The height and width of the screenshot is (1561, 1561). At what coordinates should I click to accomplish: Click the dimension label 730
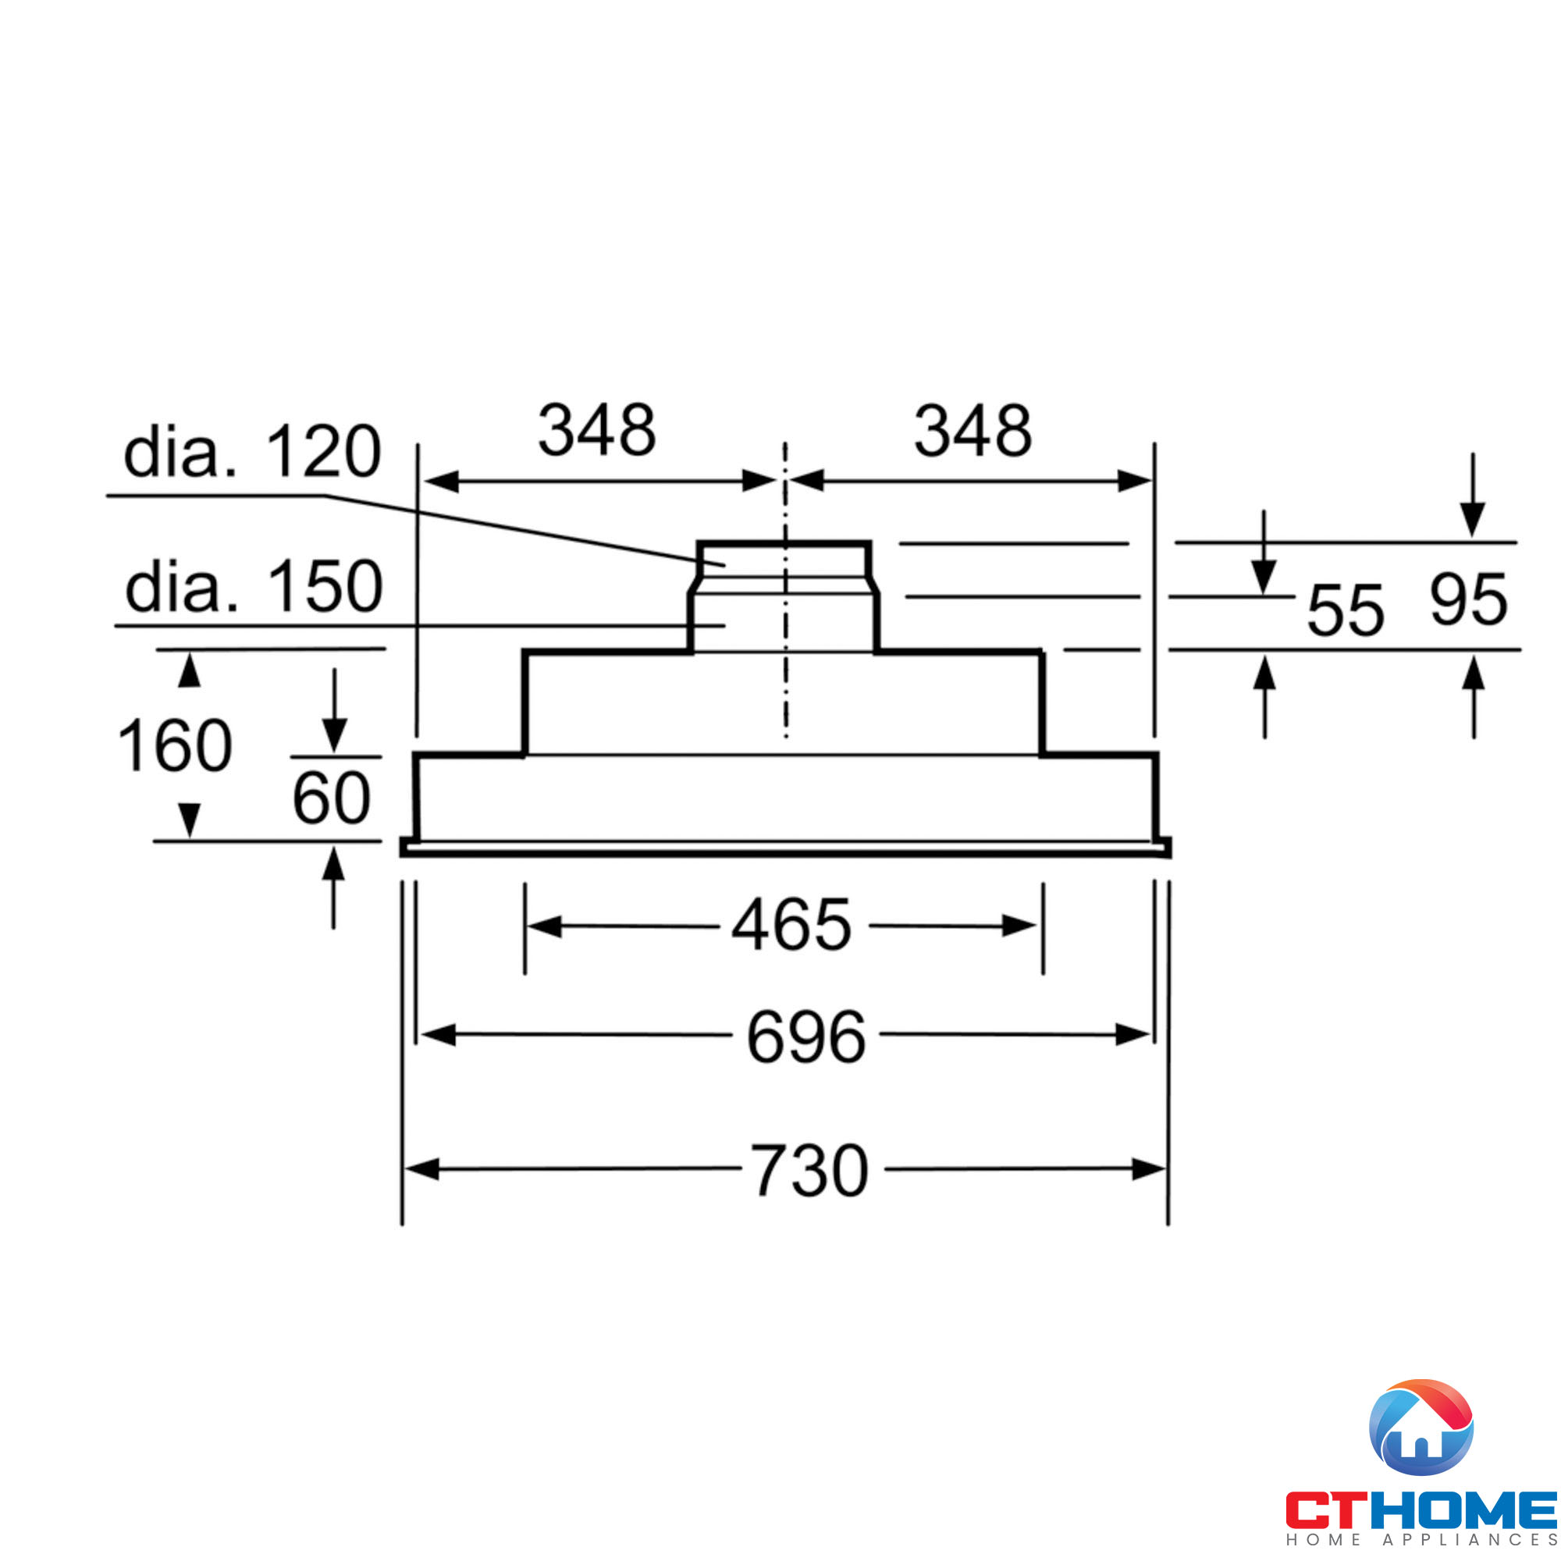tap(809, 1171)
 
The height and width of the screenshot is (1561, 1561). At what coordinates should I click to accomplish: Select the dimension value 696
tap(805, 1037)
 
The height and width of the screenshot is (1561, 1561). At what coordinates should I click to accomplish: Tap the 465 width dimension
tap(791, 925)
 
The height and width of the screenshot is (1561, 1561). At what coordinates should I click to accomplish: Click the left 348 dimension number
tap(597, 430)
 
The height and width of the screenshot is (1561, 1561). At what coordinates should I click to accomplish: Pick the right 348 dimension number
tap(973, 431)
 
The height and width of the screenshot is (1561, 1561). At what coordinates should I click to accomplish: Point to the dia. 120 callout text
tap(252, 452)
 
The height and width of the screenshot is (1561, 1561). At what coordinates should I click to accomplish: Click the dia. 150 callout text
tap(254, 587)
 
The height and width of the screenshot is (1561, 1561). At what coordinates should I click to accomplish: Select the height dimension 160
tap(175, 745)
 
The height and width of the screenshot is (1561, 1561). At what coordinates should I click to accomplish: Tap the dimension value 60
tap(331, 798)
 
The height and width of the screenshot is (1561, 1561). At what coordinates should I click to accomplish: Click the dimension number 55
tap(1346, 611)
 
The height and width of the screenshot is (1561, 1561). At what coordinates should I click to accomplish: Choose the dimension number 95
tap(1468, 600)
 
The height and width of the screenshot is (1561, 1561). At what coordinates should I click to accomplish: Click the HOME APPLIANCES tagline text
tap(1421, 1541)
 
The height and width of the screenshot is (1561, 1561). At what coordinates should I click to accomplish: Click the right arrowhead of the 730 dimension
tap(1149, 1169)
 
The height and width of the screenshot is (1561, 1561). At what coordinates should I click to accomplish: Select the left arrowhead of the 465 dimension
tap(545, 926)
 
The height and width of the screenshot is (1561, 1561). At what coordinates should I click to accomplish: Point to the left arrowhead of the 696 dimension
tap(439, 1035)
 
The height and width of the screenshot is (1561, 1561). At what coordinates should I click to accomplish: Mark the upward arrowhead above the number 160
tap(189, 670)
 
